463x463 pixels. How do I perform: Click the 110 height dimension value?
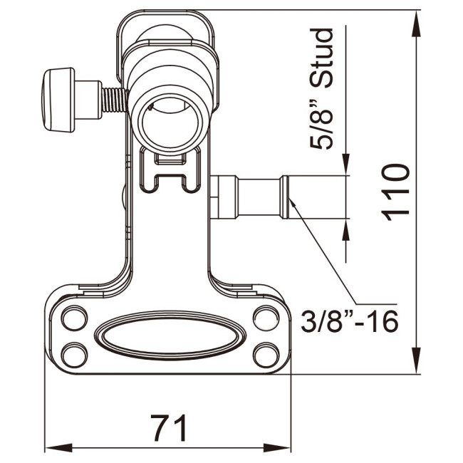[x=394, y=192]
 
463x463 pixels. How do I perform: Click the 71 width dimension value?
[x=169, y=428]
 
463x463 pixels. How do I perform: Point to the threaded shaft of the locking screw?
[x=111, y=98]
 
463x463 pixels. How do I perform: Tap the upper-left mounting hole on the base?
[x=72, y=318]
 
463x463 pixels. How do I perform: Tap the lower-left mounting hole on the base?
[x=72, y=352]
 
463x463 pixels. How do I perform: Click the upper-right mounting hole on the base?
[x=265, y=318]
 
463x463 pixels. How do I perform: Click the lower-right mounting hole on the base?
[x=265, y=352]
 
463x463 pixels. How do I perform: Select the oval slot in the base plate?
[x=169, y=334]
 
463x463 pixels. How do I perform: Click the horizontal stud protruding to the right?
[x=253, y=197]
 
